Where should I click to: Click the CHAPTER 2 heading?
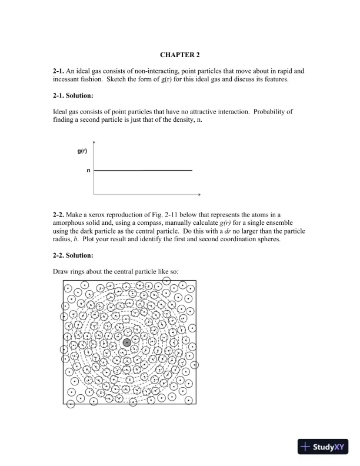[x=179, y=55]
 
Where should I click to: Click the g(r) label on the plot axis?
[x=83, y=151]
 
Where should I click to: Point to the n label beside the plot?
[x=88, y=171]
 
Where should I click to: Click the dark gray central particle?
[x=126, y=342]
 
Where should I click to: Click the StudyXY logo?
[x=323, y=447]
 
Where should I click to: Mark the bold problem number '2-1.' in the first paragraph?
[x=59, y=71]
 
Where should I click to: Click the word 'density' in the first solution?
[x=178, y=119]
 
